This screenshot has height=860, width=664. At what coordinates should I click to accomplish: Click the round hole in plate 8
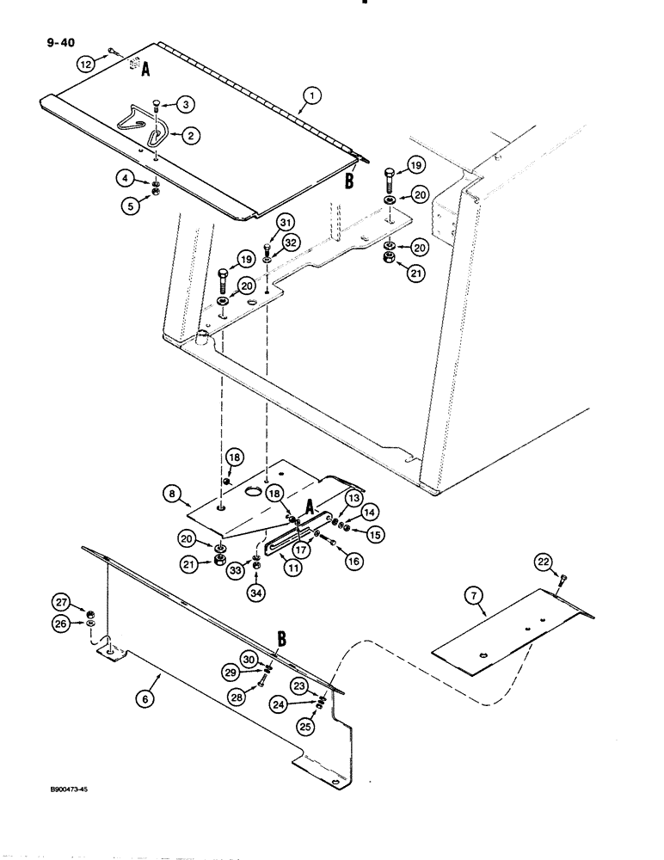coord(255,490)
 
